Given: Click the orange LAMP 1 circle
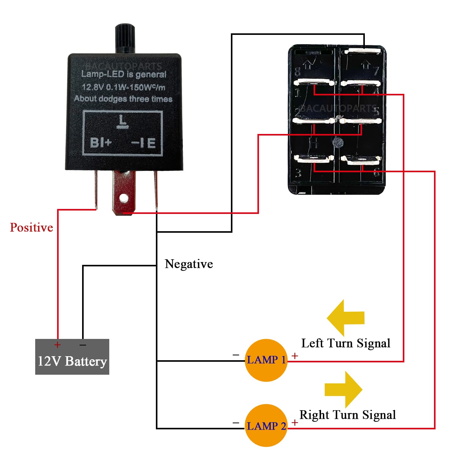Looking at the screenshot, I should pyautogui.click(x=266, y=360).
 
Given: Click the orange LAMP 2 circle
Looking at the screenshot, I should pyautogui.click(x=266, y=426).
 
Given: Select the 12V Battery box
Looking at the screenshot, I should pyautogui.click(x=72, y=357).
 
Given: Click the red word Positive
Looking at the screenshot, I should pyautogui.click(x=31, y=227).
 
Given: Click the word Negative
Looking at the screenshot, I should pyautogui.click(x=189, y=264).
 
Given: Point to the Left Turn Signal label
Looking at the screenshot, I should pyautogui.click(x=346, y=343).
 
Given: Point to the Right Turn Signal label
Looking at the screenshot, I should pyautogui.click(x=348, y=415).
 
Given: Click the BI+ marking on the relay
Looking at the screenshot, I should pyautogui.click(x=101, y=143).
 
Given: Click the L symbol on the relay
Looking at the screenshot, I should pyautogui.click(x=123, y=121).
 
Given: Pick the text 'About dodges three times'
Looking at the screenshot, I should pyautogui.click(x=123, y=99).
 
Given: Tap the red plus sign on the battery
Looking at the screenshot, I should pyautogui.click(x=57, y=345).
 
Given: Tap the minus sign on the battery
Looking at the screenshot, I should pyautogui.click(x=83, y=345).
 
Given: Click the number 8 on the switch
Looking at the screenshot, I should pyautogui.click(x=297, y=72).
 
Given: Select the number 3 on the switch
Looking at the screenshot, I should pyautogui.click(x=298, y=173).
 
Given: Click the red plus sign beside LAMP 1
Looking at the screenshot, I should pyautogui.click(x=295, y=356).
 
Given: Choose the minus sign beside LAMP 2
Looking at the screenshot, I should pyautogui.click(x=236, y=423).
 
